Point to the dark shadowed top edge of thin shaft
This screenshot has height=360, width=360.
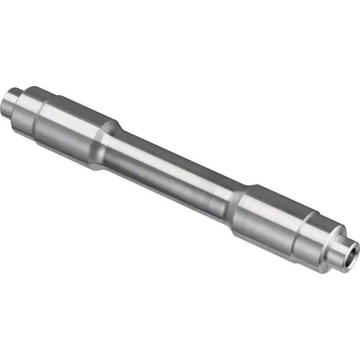180,156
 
